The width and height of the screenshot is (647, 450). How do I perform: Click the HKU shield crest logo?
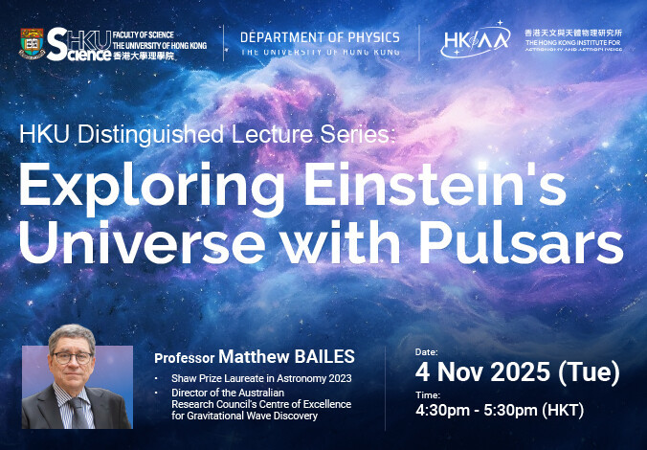pyautogui.click(x=33, y=42)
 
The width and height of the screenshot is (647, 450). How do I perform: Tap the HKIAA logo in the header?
pyautogui.click(x=475, y=40)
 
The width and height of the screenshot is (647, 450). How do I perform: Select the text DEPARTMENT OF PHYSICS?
pyautogui.click(x=320, y=37)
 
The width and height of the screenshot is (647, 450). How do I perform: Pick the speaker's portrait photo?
pyautogui.click(x=78, y=387)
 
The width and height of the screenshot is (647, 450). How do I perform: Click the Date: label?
pyautogui.click(x=427, y=352)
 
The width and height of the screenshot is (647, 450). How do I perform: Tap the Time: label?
pyautogui.click(x=427, y=394)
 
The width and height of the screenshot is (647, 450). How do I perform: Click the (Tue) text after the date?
pyautogui.click(x=588, y=371)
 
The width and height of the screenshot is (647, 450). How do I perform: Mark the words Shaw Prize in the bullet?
pyautogui.click(x=192, y=378)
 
